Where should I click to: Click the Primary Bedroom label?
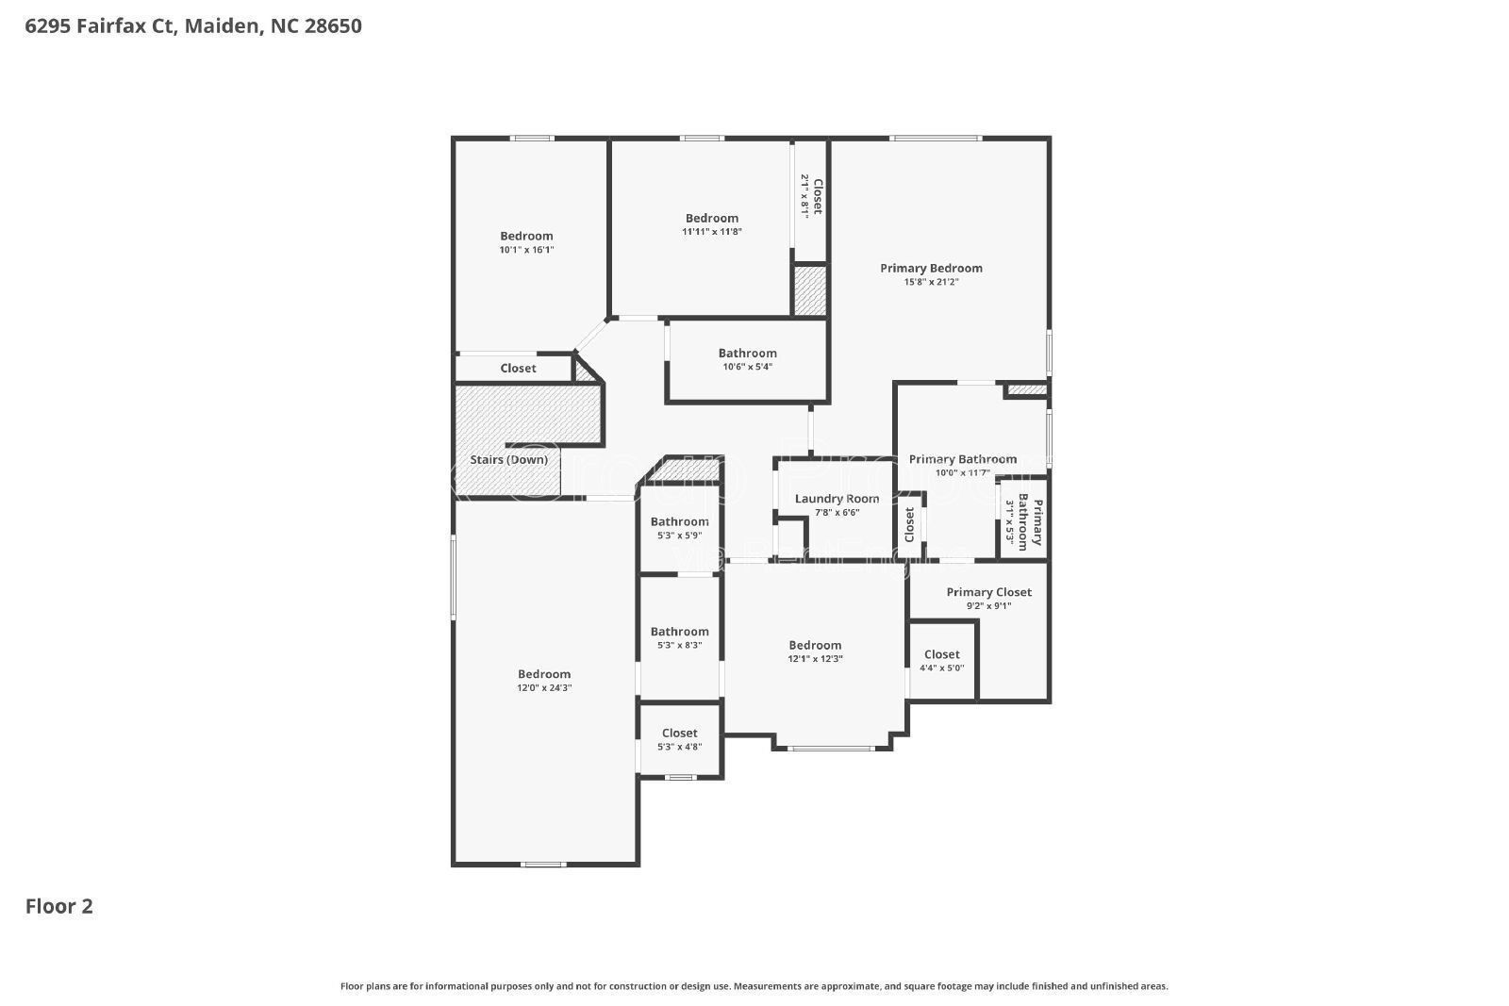coord(931,269)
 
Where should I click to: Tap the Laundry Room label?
coord(837,499)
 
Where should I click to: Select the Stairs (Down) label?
coord(508,460)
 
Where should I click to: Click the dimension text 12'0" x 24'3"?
coord(544,688)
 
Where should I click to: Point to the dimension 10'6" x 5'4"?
coord(747,367)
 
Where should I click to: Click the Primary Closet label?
coord(988,592)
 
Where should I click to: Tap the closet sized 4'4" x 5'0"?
coord(941,660)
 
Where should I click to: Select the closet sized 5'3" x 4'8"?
coord(679,739)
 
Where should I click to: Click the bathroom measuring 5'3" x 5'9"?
coord(679,528)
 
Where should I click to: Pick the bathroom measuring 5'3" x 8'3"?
coord(679,638)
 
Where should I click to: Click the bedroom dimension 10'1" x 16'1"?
coord(526,250)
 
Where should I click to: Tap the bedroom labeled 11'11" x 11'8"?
coord(712,224)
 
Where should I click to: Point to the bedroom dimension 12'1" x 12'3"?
coord(815,659)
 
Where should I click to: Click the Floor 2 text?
coord(58,907)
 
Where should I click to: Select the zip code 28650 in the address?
coord(333,26)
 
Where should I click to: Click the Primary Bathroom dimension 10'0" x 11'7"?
coord(963,473)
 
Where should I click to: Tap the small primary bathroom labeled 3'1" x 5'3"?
coord(1024,523)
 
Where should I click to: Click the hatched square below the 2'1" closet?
coord(808,291)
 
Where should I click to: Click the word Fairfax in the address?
coord(110,26)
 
